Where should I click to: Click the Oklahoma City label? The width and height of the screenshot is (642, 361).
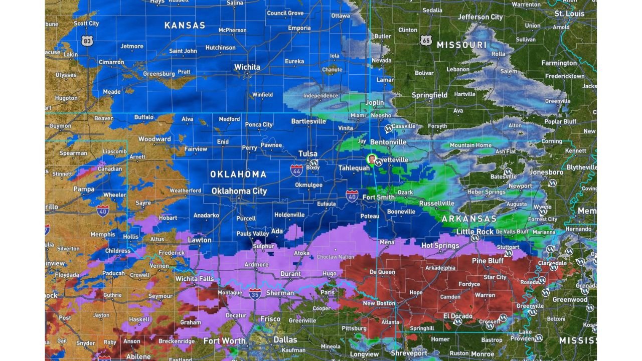point(239,191)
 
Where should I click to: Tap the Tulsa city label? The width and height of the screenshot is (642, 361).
point(308,154)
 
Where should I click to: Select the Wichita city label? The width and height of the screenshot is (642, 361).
point(247,67)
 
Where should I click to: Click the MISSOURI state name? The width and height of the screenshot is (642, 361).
point(461,45)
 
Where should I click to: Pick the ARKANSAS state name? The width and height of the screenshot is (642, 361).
point(469,219)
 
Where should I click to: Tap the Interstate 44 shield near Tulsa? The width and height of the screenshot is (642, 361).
point(296,169)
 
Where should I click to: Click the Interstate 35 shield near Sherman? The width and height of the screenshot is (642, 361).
point(255,293)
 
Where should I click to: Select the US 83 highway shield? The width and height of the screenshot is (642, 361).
point(87,41)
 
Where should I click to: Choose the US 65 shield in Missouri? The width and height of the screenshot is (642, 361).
point(426,41)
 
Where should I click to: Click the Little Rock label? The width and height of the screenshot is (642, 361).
point(475,232)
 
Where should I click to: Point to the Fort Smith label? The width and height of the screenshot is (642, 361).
point(379,197)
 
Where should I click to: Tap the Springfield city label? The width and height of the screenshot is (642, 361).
point(429,95)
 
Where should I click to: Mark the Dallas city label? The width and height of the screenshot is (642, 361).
point(285,339)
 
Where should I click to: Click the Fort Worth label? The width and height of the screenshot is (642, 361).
point(225,340)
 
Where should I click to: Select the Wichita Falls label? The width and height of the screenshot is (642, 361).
point(195,279)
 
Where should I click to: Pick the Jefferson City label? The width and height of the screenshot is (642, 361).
point(480,17)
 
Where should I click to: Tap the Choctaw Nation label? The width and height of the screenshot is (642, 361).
point(336,257)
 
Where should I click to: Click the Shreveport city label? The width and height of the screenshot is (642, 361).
point(409,353)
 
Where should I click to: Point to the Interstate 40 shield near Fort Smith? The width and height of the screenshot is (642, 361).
point(352,195)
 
